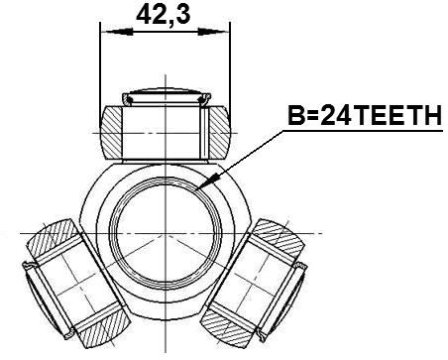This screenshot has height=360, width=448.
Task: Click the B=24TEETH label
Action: (x=362, y=118)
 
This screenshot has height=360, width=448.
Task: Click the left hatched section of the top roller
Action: (x=111, y=130)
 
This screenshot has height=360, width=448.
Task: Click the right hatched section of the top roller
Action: (x=217, y=130)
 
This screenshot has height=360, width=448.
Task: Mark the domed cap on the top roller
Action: (x=164, y=94)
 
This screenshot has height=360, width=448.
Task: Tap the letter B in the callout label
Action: (x=294, y=118)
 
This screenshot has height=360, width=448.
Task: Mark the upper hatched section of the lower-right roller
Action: (x=276, y=234)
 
